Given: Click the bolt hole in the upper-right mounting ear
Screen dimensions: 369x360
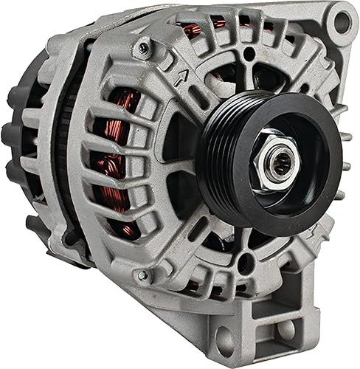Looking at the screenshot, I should click(x=342, y=21).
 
